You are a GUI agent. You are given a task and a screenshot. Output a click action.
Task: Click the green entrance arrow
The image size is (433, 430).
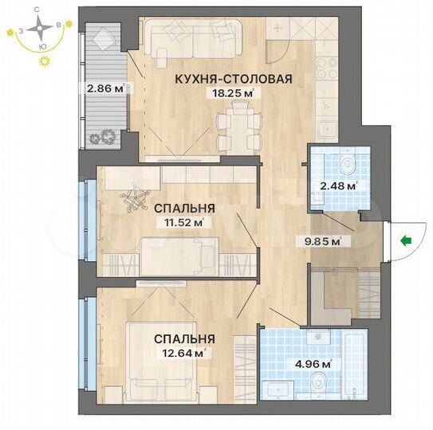point(406,238)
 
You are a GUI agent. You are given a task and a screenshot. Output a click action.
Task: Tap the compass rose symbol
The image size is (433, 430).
point(37,29)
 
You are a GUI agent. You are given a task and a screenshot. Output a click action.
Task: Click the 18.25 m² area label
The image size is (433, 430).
point(230,92)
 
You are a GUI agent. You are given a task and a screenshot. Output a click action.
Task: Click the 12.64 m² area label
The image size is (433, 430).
point(186,353)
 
